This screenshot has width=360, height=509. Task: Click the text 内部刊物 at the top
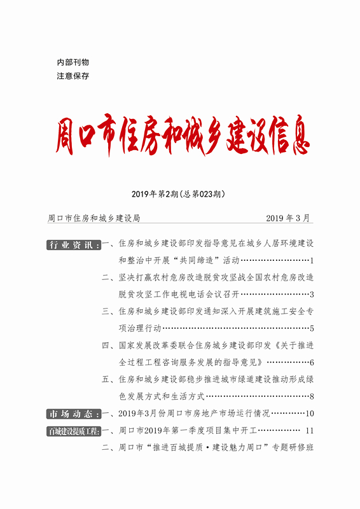[73, 62]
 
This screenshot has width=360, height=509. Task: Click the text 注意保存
[73, 76]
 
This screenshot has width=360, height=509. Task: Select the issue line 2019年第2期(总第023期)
[179, 193]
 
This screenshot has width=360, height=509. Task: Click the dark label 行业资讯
[73, 244]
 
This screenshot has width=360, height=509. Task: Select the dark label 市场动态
[73, 414]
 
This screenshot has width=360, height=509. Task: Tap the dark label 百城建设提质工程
[73, 431]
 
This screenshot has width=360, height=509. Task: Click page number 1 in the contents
[312, 261]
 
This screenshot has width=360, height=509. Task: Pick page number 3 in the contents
[312, 295]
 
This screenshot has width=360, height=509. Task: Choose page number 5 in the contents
[312, 329]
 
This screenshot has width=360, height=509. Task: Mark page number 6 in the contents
[312, 363]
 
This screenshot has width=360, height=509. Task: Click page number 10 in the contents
[310, 414]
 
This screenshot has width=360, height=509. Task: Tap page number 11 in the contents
[310, 431]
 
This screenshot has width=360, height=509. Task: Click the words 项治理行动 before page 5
[140, 329]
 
